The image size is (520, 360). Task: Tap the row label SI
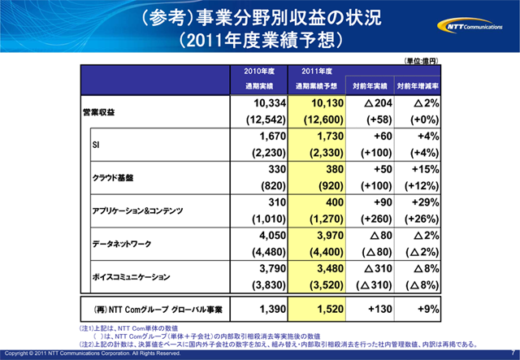click(x=96, y=144)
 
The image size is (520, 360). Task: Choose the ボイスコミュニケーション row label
click(x=134, y=276)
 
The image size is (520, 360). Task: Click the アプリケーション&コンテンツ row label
click(x=139, y=210)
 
